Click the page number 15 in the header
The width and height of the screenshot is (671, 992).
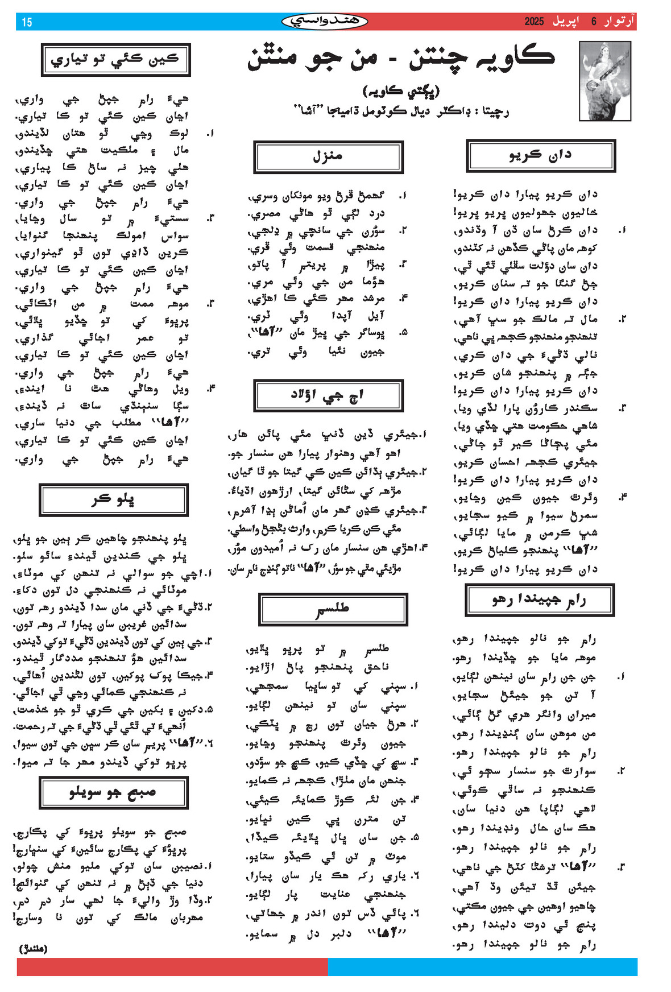27,22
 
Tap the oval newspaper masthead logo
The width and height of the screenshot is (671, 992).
325,22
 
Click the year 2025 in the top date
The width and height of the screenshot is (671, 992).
534,22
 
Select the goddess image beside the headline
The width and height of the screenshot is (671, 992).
604,80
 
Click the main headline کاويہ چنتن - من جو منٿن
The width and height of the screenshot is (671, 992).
400,57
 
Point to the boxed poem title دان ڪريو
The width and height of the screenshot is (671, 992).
540,155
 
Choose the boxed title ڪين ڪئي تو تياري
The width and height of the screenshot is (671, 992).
115,60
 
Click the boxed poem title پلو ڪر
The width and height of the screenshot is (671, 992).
113,500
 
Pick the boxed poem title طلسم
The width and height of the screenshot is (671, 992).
333,609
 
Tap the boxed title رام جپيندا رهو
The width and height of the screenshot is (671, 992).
539,600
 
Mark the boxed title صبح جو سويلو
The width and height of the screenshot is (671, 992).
113,792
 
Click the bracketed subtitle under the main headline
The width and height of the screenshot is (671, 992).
401,90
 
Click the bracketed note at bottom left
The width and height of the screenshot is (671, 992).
34,949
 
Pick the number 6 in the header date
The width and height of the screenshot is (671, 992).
594,22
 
